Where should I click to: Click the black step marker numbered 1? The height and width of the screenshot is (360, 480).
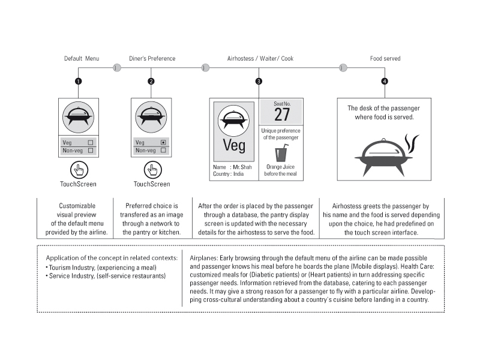point(78,81)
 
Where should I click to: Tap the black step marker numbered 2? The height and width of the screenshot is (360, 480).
point(151,81)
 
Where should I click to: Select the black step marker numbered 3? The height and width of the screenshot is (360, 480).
point(259,81)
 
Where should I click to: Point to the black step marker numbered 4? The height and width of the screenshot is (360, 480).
point(385,81)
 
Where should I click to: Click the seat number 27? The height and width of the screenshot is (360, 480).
point(282,114)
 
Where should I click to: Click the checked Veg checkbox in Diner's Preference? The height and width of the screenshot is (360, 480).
point(163,143)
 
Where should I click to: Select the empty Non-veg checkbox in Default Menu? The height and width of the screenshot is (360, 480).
point(90,151)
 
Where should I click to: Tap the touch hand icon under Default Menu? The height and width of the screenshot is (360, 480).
point(78,170)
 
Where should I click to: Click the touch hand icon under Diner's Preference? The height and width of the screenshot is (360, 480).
point(151,170)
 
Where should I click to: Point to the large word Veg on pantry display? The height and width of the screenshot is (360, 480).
point(234,145)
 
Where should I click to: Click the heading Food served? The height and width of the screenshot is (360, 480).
point(385,59)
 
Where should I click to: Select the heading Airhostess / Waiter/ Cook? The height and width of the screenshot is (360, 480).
point(260,59)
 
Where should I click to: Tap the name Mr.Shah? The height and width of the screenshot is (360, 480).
point(239,167)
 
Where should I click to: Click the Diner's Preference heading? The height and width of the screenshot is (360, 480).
point(152,59)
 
